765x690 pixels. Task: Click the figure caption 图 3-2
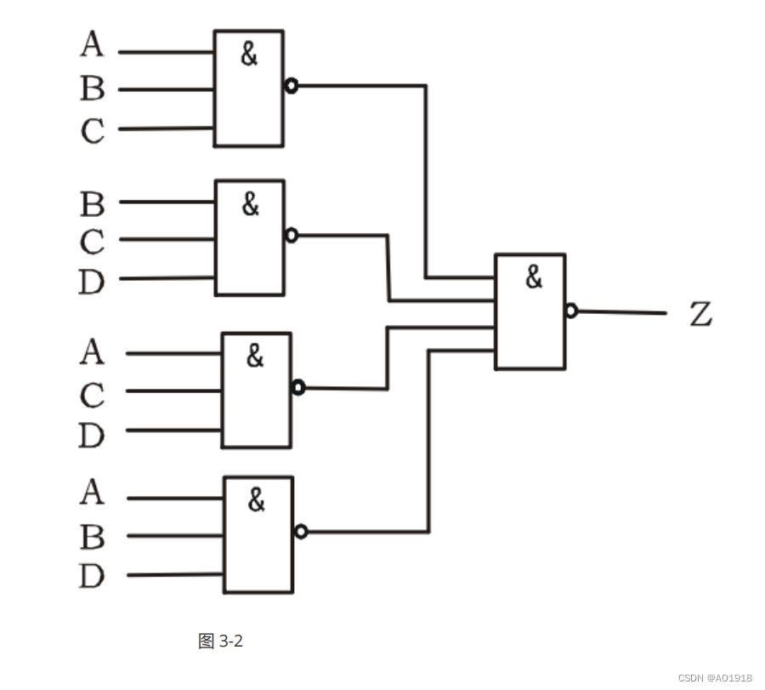pyautogui.click(x=220, y=641)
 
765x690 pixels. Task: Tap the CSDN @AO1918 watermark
pyautogui.click(x=715, y=678)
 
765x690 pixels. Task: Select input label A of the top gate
pyautogui.click(x=92, y=44)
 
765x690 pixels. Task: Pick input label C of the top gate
pyautogui.click(x=92, y=131)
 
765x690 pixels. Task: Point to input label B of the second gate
pyautogui.click(x=92, y=204)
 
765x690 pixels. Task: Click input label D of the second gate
pyautogui.click(x=91, y=282)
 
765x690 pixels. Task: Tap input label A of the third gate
pyautogui.click(x=92, y=351)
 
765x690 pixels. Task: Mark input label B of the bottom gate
pyautogui.click(x=92, y=537)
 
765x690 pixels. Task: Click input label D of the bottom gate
pyautogui.click(x=91, y=577)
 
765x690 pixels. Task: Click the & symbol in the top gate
pyautogui.click(x=248, y=55)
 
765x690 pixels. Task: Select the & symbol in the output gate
pyautogui.click(x=533, y=277)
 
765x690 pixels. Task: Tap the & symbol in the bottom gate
pyautogui.click(x=256, y=501)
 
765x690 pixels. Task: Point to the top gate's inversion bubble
pyautogui.click(x=291, y=86)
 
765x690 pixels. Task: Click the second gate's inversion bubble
pyautogui.click(x=292, y=235)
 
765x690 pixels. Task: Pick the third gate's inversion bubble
pyautogui.click(x=297, y=388)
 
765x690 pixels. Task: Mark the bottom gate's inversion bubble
pyautogui.click(x=300, y=532)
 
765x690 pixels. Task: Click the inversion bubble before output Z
pyautogui.click(x=571, y=311)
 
